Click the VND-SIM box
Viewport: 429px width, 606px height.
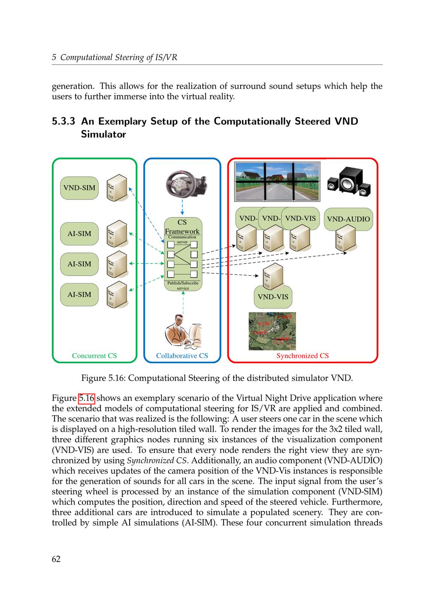click(x=79, y=188)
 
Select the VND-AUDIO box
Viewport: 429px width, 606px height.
click(x=348, y=219)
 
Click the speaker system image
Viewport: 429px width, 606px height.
click(x=349, y=182)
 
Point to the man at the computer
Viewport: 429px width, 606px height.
click(x=183, y=332)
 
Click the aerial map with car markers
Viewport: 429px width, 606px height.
click(x=272, y=331)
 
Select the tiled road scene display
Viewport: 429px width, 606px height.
click(x=278, y=181)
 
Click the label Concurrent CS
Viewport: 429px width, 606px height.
click(x=94, y=356)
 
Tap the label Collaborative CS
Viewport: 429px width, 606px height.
click(x=182, y=356)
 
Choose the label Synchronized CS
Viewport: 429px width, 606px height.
click(x=302, y=356)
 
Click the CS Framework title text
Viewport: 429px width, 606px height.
click(x=182, y=227)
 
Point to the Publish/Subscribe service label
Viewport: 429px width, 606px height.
click(x=183, y=285)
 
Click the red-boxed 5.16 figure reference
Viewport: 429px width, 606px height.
click(x=86, y=398)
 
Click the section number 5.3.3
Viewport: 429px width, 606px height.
click(x=63, y=121)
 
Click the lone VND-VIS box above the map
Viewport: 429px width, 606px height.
click(x=273, y=297)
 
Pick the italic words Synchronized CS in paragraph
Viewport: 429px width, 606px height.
click(x=157, y=461)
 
